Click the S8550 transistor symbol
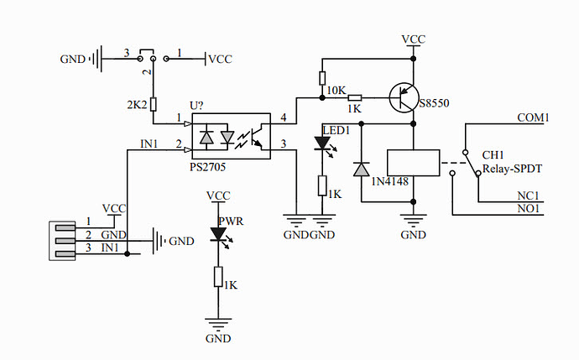404,98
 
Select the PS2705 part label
207,167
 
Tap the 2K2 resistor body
153,105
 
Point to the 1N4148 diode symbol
361,170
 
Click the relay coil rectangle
413,163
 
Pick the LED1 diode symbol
322,143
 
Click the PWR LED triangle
218,234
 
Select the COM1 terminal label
533,117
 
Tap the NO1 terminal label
529,209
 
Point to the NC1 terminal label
529,196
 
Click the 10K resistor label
336,91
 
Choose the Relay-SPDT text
512,169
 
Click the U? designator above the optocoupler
196,106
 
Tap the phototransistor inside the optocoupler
257,137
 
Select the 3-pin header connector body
62,241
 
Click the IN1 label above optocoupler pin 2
149,143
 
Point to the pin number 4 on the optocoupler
284,117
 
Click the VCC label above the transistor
414,39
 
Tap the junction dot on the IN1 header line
128,254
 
